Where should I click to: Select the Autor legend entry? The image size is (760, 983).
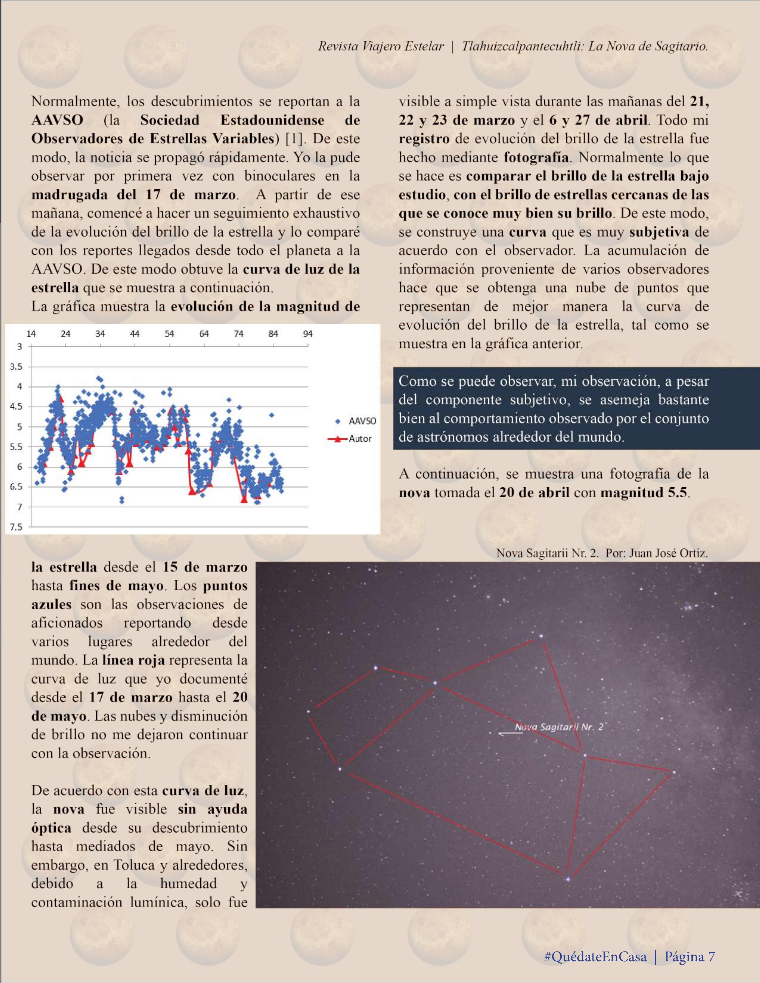pyautogui.click(x=359, y=438)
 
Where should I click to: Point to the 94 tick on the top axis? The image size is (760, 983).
pyautogui.click(x=308, y=334)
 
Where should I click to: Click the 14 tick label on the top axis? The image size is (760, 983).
pyautogui.click(x=31, y=334)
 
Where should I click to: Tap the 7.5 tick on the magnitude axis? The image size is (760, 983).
pyautogui.click(x=16, y=527)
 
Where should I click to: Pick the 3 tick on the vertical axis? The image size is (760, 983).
pyautogui.click(x=19, y=347)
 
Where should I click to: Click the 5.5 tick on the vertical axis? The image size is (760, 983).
pyautogui.click(x=16, y=447)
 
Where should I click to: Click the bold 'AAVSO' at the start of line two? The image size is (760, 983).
pyautogui.click(x=57, y=120)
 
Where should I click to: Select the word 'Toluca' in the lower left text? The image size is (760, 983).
pyautogui.click(x=132, y=872)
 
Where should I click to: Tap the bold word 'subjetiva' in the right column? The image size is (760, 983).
pyautogui.click(x=659, y=232)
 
